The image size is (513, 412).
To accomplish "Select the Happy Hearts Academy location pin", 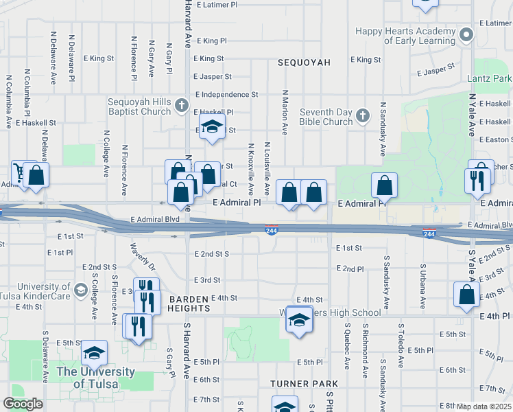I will coord(467,34).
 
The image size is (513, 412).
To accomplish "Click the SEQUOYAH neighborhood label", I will coord(304,62).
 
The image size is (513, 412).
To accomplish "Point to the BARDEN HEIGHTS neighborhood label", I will coord(189,304).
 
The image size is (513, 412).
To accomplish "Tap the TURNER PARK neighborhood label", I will coord(304,383).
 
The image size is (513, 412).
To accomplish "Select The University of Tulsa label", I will coord(95,378).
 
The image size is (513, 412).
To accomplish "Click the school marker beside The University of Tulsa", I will coord(95,354).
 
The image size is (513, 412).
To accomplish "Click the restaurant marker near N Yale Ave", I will coord(477,181).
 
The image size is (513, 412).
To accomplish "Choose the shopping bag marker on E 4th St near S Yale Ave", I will coord(466,295).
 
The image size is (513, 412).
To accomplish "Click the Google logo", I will coord(23,404).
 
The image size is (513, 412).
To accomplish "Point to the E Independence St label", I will coord(226,94).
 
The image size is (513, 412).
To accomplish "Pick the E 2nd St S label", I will coord(211,254).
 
